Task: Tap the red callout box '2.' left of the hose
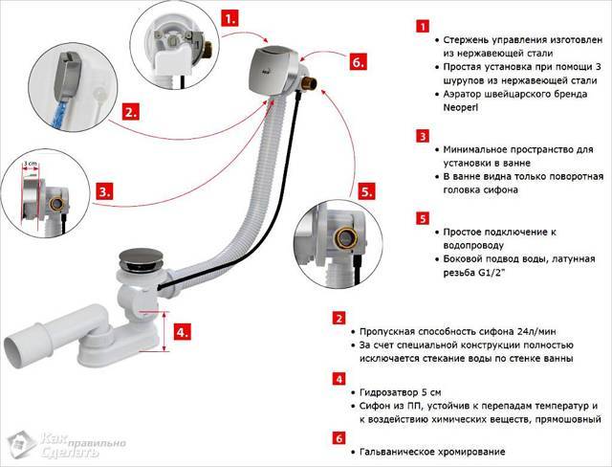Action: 132,111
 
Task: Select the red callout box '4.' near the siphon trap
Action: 181,333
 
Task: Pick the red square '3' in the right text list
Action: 421,137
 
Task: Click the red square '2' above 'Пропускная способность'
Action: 339,318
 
